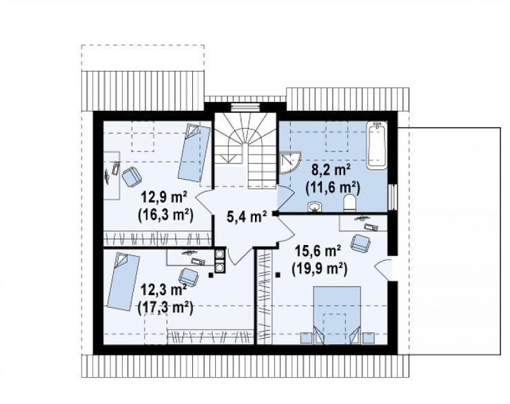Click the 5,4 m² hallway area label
pos(247,216)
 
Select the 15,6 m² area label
pos(318,251)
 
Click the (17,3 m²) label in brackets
pos(165,307)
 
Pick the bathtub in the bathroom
pos(377,145)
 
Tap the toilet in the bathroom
pos(349,202)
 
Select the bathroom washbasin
pos(314,206)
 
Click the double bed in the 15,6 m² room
pos(337,315)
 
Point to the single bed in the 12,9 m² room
pos(194,153)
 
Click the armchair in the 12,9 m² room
pos(132,177)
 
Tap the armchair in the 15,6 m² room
pos(360,243)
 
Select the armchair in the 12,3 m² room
pos(189,277)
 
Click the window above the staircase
pos(245,107)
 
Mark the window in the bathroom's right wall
pos(393,198)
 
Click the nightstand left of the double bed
pos(306,338)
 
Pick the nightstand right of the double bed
pos(368,338)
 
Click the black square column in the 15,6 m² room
pos(278,275)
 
